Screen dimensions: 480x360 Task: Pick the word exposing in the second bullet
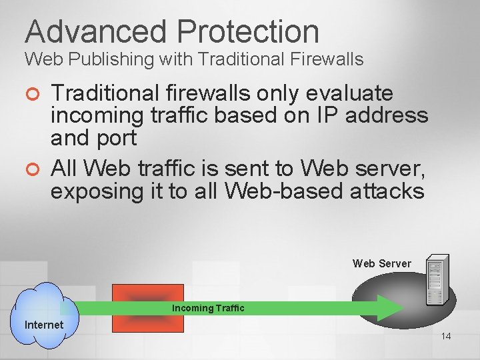coord(93,191)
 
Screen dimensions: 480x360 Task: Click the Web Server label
coord(381,263)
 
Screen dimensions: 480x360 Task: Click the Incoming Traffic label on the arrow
coord(208,308)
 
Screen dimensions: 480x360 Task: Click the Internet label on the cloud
coord(44,325)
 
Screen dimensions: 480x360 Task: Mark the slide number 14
coord(445,336)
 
